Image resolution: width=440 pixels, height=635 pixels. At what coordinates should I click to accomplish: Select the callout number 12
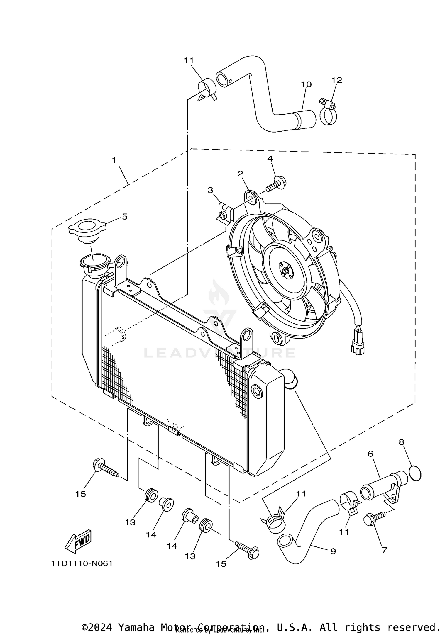337,80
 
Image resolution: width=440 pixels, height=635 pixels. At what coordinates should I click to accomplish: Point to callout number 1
114,160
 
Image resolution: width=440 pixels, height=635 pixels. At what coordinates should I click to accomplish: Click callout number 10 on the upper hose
306,84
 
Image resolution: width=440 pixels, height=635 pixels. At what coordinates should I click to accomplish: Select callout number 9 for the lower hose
333,551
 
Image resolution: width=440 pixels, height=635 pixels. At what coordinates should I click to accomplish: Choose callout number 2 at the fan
240,174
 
